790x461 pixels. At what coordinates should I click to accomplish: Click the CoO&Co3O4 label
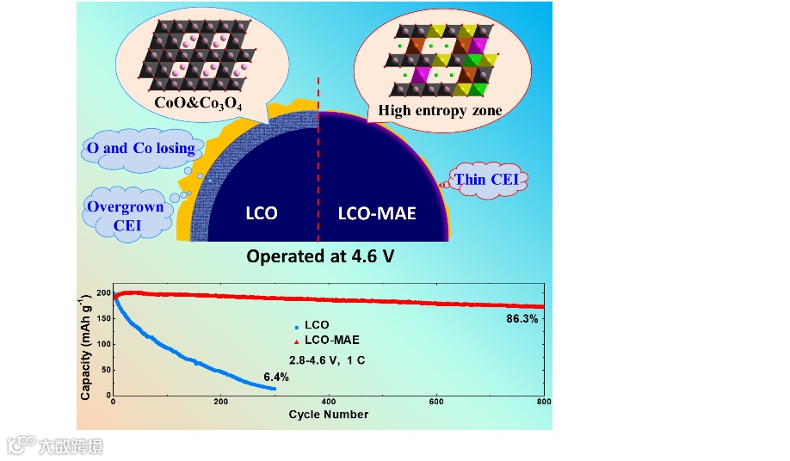(199, 104)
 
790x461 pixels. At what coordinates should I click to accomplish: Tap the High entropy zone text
(440, 110)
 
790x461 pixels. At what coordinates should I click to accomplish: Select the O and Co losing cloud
(140, 148)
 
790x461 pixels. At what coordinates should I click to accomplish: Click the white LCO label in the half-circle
(261, 212)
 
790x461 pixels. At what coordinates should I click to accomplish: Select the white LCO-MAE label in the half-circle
(375, 212)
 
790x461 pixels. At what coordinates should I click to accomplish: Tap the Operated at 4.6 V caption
(313, 256)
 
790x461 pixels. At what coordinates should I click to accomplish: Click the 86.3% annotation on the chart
(522, 319)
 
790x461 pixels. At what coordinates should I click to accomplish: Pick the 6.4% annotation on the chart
(275, 377)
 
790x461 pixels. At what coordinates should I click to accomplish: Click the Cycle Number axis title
(328, 415)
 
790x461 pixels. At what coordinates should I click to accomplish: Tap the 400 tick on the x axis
(328, 402)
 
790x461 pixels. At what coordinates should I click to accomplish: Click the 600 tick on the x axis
(436, 402)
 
